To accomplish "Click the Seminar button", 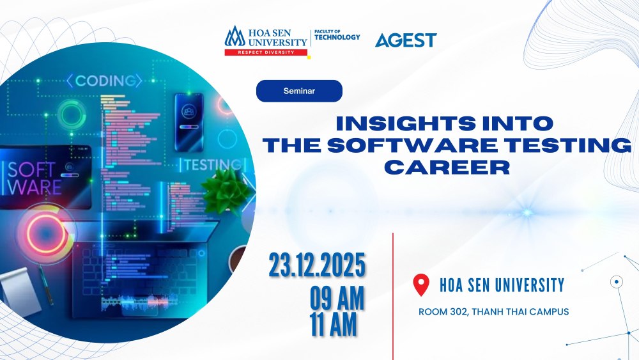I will [299, 91].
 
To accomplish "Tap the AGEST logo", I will [405, 40].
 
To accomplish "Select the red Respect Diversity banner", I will [266, 52].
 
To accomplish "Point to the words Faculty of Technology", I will [337, 35].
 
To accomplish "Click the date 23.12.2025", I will [317, 265].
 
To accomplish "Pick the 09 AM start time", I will [337, 298].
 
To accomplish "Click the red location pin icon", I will [421, 285].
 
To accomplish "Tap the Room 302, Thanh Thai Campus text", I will [493, 312].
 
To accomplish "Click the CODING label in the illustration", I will [104, 81].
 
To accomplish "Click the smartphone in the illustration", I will [189, 121].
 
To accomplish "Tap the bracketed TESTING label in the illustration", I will [213, 164].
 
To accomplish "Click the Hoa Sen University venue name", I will [502, 285].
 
